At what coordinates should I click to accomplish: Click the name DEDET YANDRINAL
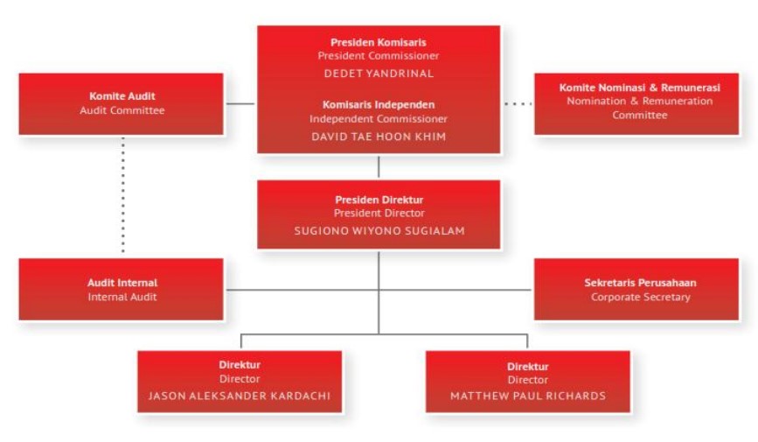[379, 74]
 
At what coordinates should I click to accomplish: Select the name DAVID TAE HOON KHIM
[379, 137]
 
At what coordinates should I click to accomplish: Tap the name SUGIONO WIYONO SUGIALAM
[379, 230]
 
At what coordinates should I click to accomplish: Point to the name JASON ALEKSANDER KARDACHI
[240, 396]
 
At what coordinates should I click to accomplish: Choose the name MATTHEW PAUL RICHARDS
[527, 396]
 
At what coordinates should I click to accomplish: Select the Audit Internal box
[122, 290]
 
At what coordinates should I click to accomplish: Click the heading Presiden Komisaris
[379, 42]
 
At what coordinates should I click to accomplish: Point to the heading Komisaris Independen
[379, 104]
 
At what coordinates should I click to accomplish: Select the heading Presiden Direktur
[379, 200]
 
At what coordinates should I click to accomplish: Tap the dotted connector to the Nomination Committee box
[518, 104]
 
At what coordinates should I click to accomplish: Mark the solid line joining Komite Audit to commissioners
[240, 103]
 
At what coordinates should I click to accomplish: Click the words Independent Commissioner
[379, 119]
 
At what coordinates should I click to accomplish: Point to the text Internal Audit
[122, 297]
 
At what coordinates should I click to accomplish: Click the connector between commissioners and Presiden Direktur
[379, 167]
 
